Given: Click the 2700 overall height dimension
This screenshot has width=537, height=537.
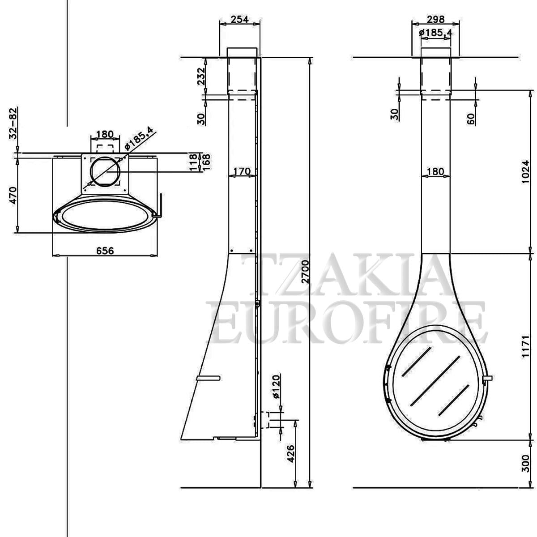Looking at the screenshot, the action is pos(306,272).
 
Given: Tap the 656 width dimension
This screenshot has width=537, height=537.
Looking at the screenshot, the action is pos(105,251).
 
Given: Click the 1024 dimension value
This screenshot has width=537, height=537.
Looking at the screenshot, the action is pos(525,171).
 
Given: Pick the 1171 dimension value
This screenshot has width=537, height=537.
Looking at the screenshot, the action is pos(525,346).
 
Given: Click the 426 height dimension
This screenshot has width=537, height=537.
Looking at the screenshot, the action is pos(290,461).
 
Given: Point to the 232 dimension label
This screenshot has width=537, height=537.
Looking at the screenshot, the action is pos(201,76).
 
